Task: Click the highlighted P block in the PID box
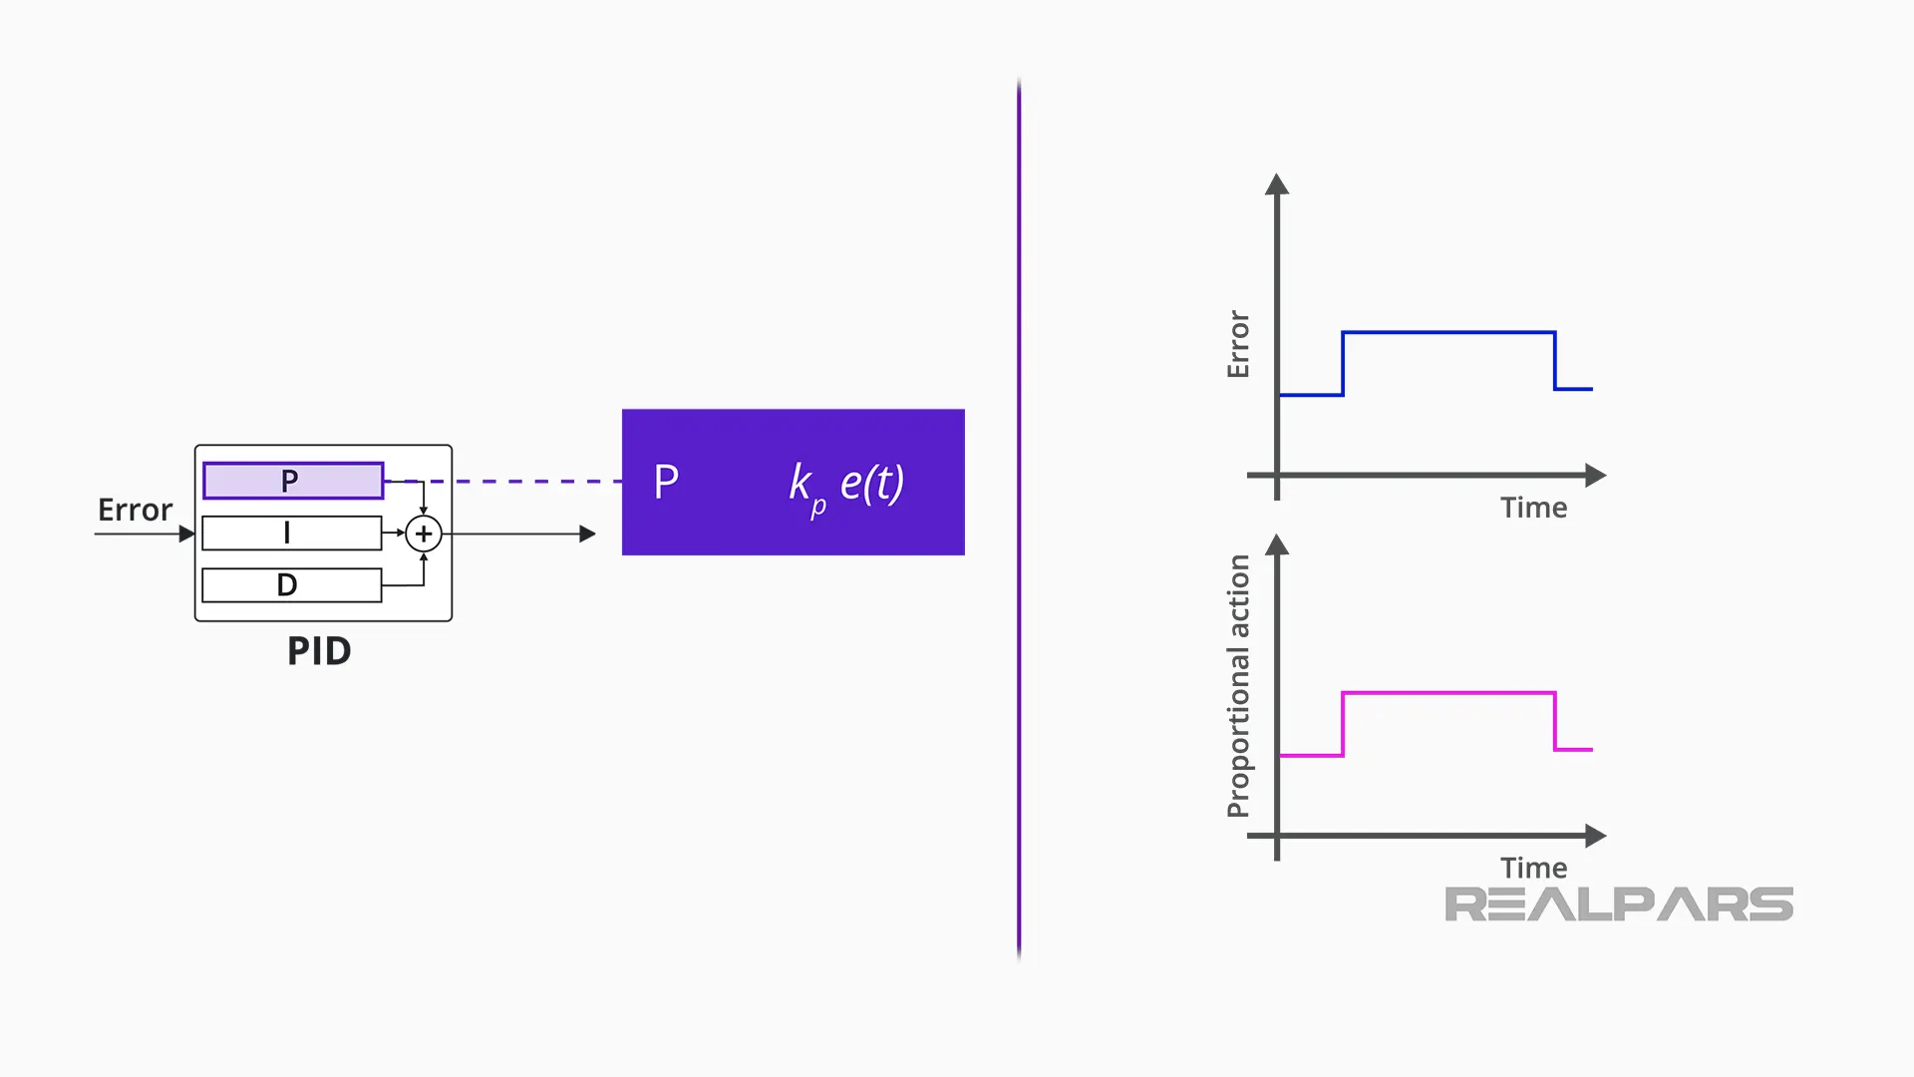[293, 481]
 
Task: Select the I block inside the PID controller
[291, 534]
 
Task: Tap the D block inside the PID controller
[291, 585]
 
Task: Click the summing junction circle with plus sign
[424, 535]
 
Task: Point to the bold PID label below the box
[319, 651]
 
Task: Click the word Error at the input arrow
[135, 511]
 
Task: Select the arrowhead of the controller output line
[588, 535]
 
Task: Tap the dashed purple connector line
[518, 482]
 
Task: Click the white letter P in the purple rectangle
[666, 483]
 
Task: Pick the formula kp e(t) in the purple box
[846, 485]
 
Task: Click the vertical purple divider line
[1019, 519]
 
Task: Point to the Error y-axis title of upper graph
[1238, 344]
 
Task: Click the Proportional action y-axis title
[1238, 686]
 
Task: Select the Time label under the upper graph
[1533, 508]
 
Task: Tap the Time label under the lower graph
[1533, 868]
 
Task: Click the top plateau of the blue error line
[1448, 332]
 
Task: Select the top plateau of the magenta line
[1448, 692]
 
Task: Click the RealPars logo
[1619, 904]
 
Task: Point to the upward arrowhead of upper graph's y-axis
[1277, 184]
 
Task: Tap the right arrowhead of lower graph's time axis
[1595, 836]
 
